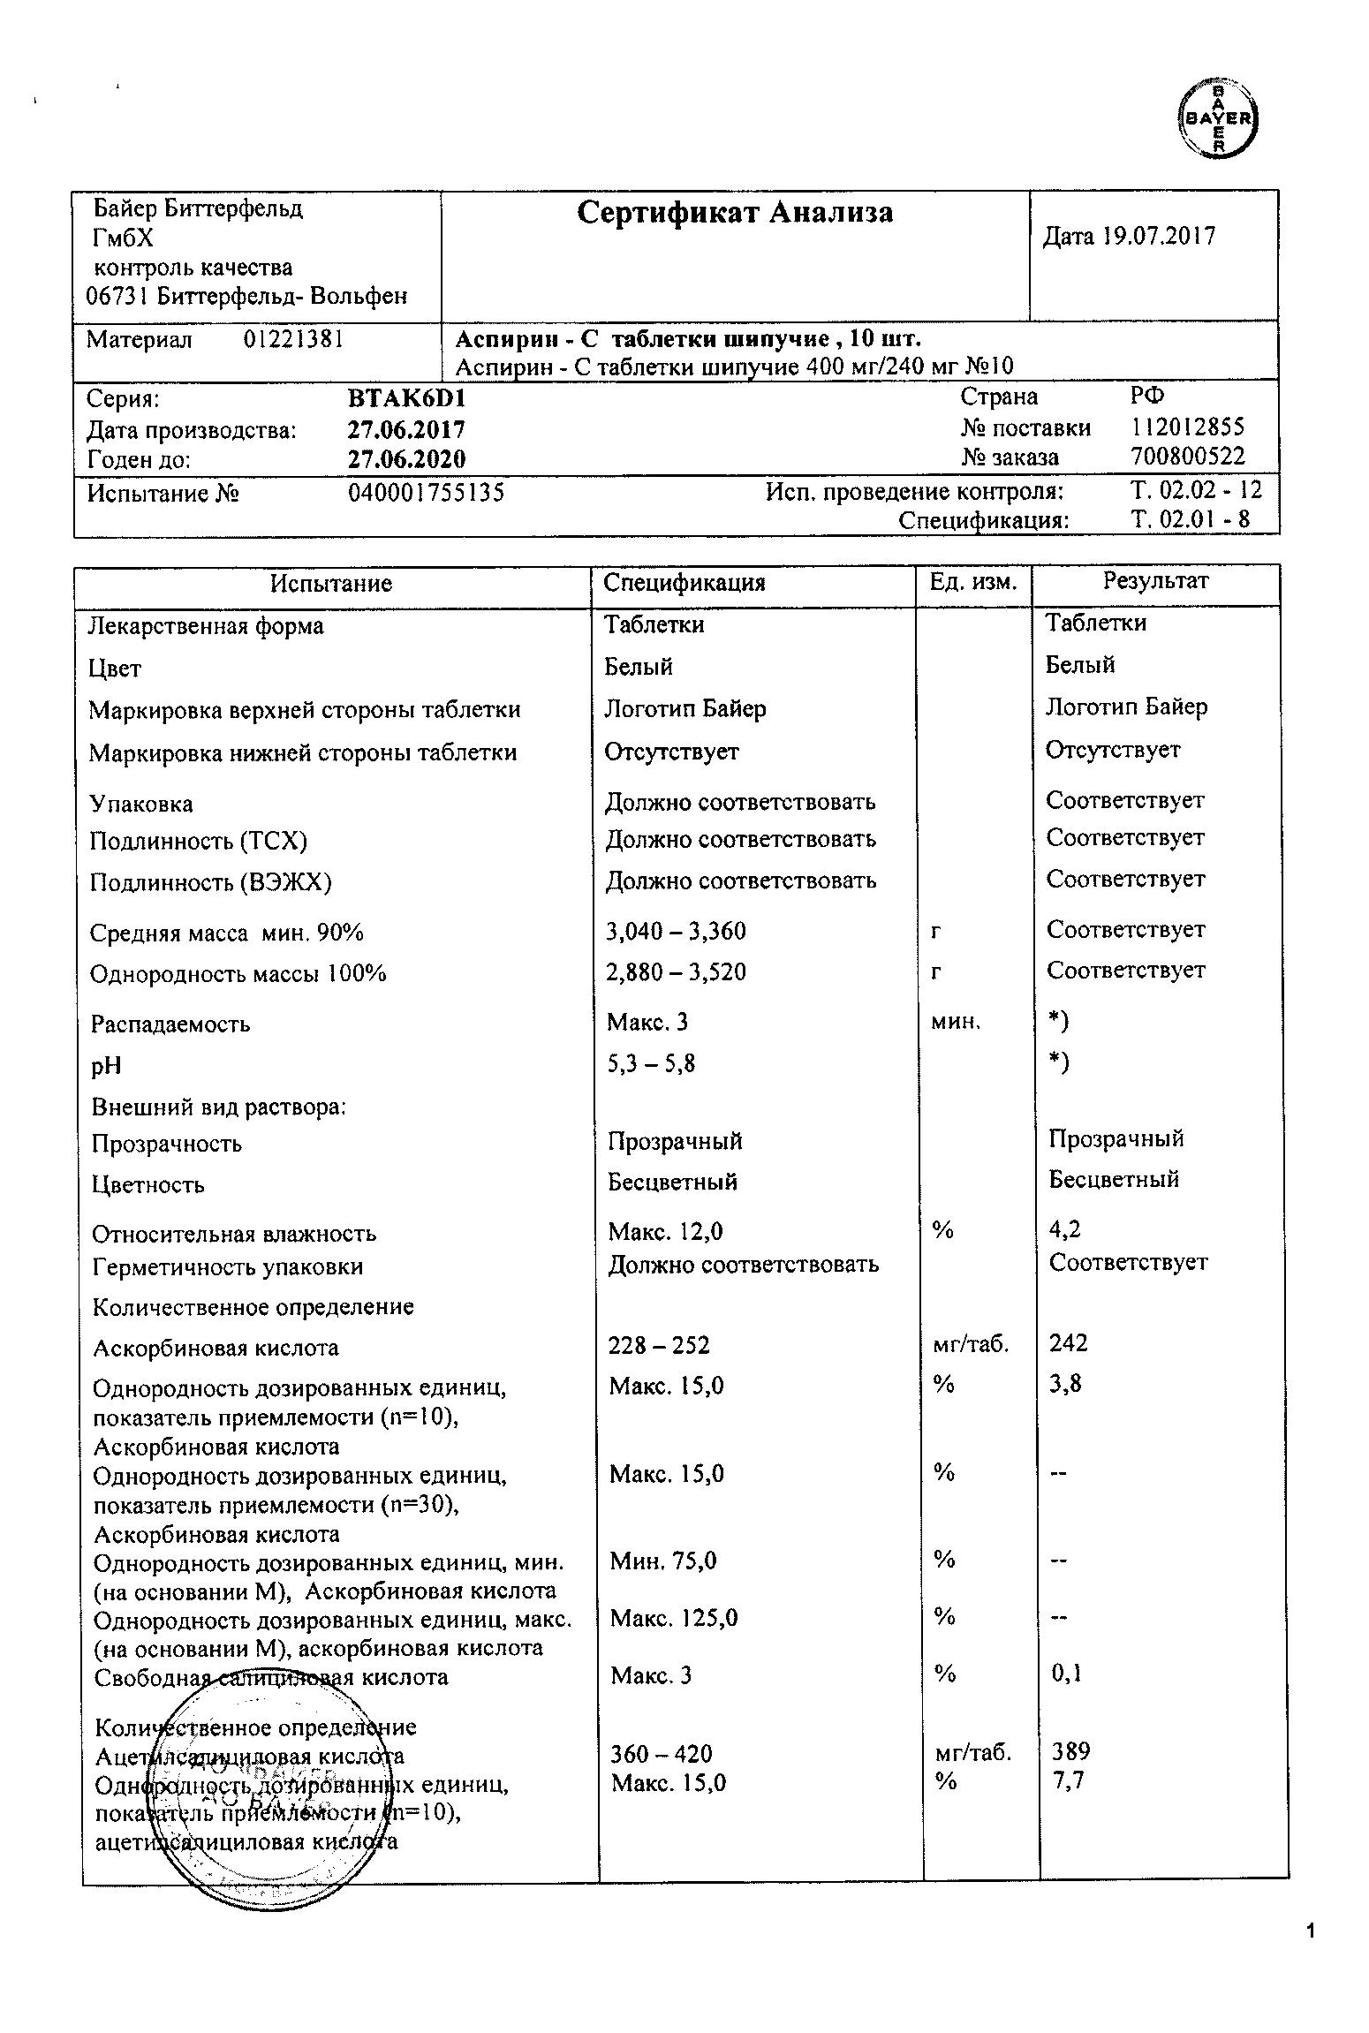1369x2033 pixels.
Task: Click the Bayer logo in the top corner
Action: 1219,118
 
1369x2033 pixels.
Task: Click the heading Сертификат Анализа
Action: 735,213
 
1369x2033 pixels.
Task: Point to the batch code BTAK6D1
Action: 407,399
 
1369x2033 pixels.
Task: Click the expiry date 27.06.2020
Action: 407,459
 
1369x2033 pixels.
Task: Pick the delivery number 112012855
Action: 1188,427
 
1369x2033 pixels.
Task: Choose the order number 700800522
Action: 1188,457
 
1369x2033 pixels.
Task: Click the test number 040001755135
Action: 427,492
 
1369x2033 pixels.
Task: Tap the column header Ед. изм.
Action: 973,582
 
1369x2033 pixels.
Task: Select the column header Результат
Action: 1155,581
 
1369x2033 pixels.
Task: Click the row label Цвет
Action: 115,669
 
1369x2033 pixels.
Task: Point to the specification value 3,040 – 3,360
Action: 676,931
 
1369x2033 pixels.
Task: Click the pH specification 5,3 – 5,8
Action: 651,1063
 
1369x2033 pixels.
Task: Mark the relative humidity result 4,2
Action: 1065,1228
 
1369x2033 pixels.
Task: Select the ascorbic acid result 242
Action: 1069,1343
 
